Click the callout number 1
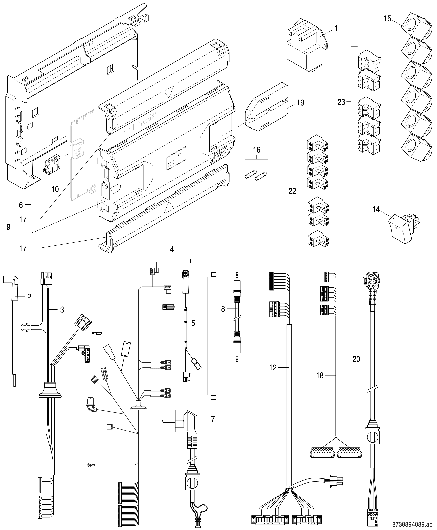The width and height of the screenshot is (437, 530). [x=336, y=28]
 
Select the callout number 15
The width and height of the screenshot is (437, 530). [x=388, y=19]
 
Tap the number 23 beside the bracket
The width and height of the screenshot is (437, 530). [x=341, y=102]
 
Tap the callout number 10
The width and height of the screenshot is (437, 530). [x=55, y=189]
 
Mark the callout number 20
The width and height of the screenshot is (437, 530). [x=356, y=359]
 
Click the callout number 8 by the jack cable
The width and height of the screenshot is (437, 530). [x=223, y=309]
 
